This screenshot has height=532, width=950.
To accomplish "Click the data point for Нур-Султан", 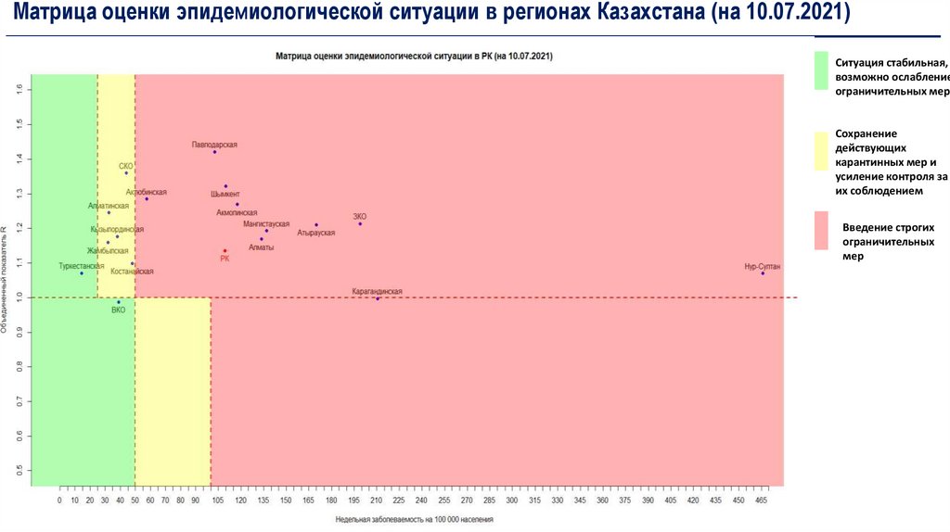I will click(x=763, y=273).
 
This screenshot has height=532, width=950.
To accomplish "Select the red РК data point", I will click(x=225, y=251).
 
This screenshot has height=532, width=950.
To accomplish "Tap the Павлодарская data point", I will click(x=215, y=152).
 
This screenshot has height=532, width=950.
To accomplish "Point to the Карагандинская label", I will click(x=377, y=291).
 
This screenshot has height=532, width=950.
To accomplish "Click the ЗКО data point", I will click(x=360, y=224).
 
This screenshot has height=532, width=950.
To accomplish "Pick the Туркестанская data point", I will click(x=82, y=273).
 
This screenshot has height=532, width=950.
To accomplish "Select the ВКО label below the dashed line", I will click(x=118, y=310).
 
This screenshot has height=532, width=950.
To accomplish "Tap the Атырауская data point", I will click(x=316, y=225).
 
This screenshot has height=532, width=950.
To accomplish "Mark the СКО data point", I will click(x=126, y=173).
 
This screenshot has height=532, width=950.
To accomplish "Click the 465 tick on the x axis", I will click(x=761, y=500).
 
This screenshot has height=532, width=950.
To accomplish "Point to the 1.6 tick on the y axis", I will click(x=19, y=89).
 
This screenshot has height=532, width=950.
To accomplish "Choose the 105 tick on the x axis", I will click(x=217, y=500).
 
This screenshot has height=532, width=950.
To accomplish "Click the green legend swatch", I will click(x=820, y=71).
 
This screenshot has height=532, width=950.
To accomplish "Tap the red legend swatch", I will click(x=820, y=230).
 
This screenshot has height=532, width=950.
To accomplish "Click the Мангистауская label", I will click(x=266, y=224).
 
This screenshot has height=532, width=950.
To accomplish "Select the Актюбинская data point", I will click(x=147, y=199).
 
